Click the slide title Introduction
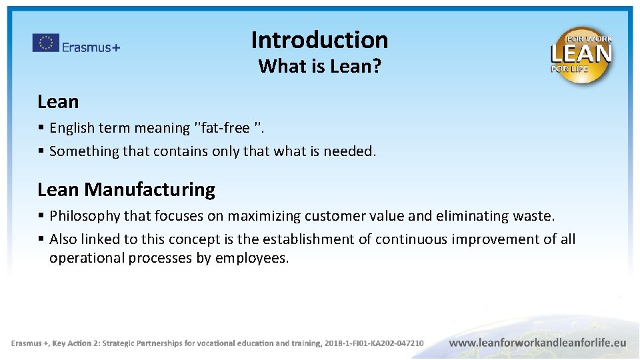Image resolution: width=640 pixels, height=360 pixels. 319,40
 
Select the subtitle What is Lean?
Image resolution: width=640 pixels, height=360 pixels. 319,66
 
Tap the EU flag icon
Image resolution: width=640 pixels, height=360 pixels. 45,43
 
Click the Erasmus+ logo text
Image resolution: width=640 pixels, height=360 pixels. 91,47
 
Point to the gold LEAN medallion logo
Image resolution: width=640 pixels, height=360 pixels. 581,55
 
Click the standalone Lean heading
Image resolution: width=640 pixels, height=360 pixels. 58,102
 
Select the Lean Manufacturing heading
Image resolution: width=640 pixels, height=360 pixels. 126,190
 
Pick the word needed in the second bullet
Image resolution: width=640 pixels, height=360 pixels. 349,151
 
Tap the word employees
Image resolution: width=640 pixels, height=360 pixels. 251,258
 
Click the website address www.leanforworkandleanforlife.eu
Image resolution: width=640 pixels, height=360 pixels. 537,343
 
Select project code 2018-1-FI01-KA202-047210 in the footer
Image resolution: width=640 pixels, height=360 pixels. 373,343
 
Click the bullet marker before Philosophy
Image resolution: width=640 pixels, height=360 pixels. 41,216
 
